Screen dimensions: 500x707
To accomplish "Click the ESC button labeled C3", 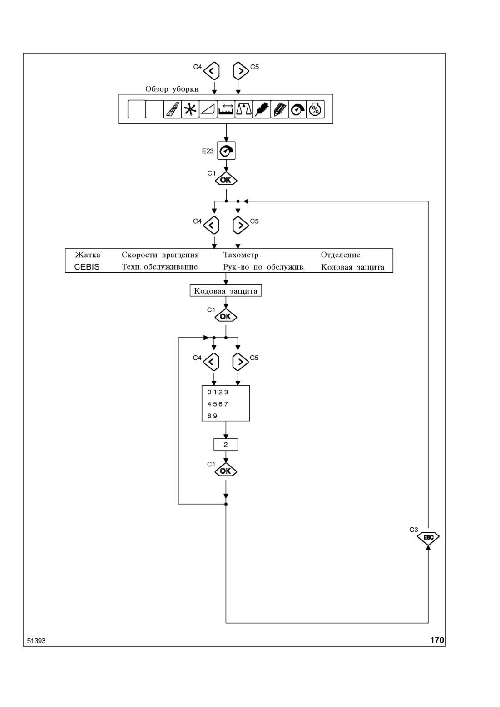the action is pos(428,537).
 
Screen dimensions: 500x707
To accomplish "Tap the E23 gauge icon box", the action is pos(226,151).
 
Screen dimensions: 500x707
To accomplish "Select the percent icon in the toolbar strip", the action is pos(315,109).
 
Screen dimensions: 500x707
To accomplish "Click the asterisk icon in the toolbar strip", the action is pos(190,109).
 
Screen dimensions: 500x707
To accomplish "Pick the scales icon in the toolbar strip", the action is pos(244,109).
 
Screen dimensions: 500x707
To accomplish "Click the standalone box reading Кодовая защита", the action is pos(226,290).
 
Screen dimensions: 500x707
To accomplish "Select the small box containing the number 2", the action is pos(226,444).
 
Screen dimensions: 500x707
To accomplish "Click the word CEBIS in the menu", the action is pos(87,267).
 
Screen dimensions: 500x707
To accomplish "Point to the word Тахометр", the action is pos(241,255).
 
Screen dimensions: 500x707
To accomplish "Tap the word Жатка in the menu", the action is pos(88,255).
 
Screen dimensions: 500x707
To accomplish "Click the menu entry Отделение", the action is pos(341,255).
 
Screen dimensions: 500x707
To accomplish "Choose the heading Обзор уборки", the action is pos(172,89).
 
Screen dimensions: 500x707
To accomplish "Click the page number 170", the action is pos(437,640).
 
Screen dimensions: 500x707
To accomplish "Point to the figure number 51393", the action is pos(36,641).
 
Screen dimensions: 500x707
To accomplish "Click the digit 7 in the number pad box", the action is pos(226,404).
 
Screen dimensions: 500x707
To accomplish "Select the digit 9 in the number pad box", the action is pos(215,416).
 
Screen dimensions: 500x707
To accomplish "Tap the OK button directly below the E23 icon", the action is pos(226,180).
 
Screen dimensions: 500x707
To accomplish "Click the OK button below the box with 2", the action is pos(226,471).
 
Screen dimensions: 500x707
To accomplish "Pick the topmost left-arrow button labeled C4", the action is pos(211,71).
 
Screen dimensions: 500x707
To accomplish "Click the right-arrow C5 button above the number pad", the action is pos(240,362).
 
